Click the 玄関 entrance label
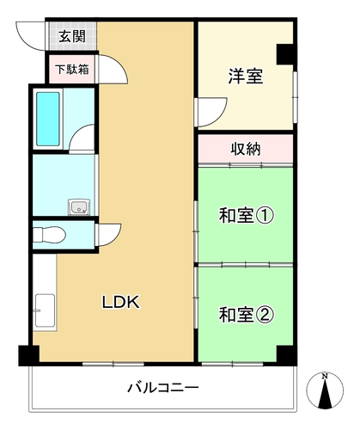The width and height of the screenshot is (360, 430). pyautogui.click(x=72, y=36)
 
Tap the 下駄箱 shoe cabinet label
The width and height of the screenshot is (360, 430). pyautogui.click(x=72, y=70)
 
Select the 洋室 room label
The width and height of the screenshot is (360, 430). pyautogui.click(x=246, y=76)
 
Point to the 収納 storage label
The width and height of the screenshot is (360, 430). pyautogui.click(x=246, y=149)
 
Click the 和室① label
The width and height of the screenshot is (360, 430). pyautogui.click(x=247, y=216)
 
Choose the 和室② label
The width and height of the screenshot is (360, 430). pyautogui.click(x=247, y=315)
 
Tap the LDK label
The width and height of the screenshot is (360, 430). pyautogui.click(x=121, y=302)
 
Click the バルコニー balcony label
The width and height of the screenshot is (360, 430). pyautogui.click(x=163, y=388)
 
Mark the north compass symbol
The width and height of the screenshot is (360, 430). pyautogui.click(x=325, y=390)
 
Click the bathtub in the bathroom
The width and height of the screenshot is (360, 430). pyautogui.click(x=48, y=119)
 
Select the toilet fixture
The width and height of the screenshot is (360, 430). pyautogui.click(x=49, y=235)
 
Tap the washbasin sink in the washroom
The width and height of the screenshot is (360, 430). pyautogui.click(x=79, y=207)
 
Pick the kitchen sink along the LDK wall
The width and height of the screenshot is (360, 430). pyautogui.click(x=45, y=310)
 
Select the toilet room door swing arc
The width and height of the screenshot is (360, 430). pyautogui.click(x=115, y=238)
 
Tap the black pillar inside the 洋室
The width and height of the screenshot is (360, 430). pyautogui.click(x=285, y=54)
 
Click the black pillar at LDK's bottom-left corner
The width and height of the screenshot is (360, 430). pyautogui.click(x=28, y=356)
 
